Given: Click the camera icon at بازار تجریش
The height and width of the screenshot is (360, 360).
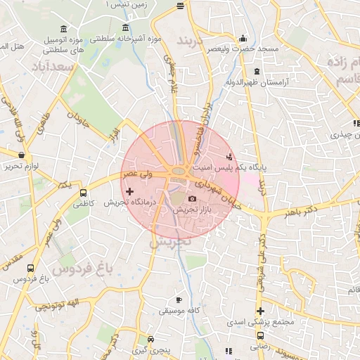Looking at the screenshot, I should [192, 200].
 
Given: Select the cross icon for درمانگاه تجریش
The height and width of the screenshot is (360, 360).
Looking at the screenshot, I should [129, 191].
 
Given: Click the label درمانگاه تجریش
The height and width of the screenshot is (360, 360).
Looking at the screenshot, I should [124, 202].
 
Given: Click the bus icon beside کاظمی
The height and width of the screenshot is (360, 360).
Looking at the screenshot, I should [84, 193].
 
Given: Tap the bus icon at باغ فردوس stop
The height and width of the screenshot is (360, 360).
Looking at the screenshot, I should [30, 268].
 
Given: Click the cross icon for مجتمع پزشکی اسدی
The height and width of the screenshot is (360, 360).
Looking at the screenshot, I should [260, 311].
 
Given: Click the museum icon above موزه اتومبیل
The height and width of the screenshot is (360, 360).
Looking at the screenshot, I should [64, 28].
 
